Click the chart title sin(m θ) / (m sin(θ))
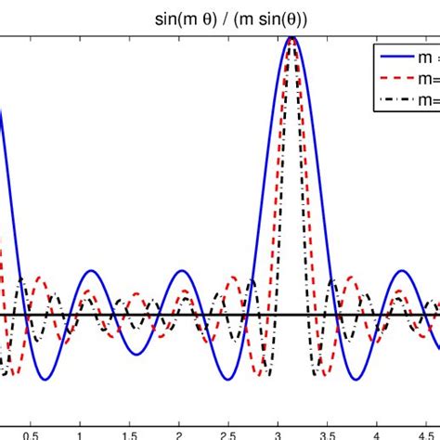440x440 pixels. pos(219,16)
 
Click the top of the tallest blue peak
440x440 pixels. pos(292,38)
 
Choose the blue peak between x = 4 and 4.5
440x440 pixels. pos(402,271)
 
